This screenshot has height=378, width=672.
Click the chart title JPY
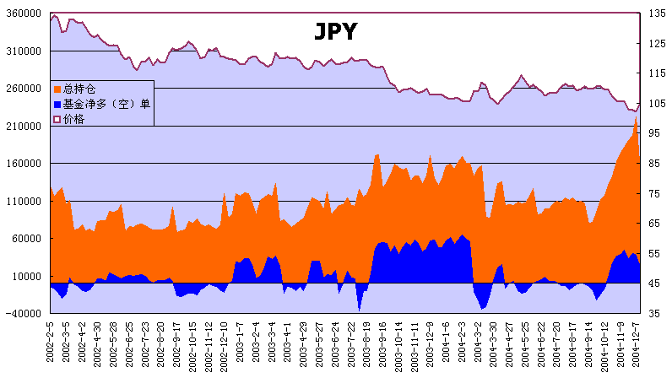[x=335, y=32]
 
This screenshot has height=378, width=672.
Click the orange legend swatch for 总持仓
[x=57, y=89]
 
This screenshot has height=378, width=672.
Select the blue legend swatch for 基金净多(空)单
[x=57, y=104]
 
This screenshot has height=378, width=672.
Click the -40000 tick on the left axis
[x=23, y=314]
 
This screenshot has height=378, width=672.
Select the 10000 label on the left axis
[x=26, y=276]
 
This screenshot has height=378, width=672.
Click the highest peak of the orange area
[x=636, y=117]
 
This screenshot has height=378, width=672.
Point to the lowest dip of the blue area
[x=359, y=310]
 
